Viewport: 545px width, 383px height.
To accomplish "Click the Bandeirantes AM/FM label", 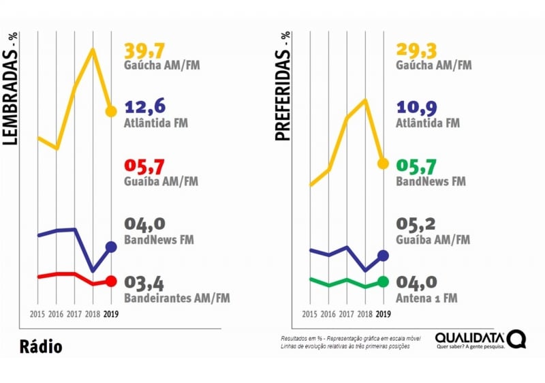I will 177,298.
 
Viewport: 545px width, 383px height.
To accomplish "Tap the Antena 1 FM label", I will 426,298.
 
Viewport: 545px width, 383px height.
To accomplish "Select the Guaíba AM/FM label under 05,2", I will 433,240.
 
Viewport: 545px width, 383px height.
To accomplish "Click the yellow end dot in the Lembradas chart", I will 111,111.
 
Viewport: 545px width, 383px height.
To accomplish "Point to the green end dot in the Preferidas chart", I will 383,281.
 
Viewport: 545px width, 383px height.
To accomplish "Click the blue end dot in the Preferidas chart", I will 383,255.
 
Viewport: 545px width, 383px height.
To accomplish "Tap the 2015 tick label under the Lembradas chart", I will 38,314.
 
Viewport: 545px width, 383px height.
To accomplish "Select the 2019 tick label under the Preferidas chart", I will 384,314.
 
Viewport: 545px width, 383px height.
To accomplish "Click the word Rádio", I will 40,347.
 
